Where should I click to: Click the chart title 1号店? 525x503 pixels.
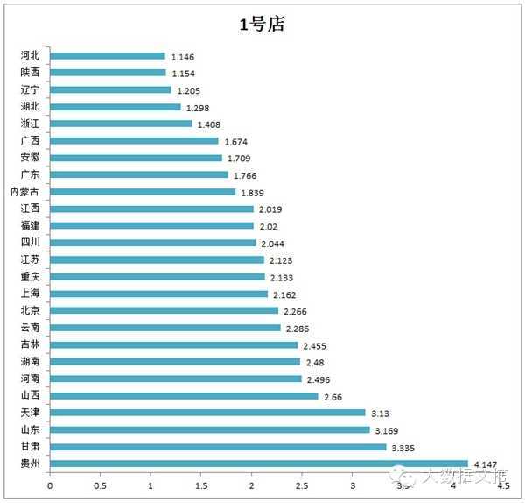(x=262, y=25)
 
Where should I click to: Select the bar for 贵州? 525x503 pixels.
(x=259, y=464)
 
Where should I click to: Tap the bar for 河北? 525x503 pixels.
(x=108, y=56)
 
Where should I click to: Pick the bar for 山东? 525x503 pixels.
(x=210, y=429)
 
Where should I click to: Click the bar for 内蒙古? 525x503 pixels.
(x=143, y=192)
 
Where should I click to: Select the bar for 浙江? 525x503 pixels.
(x=121, y=124)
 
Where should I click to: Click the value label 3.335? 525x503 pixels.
(x=402, y=448)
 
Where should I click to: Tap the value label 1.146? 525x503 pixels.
(x=182, y=56)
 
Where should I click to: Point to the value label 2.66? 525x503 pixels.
(x=332, y=396)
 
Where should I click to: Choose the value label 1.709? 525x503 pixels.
(x=238, y=159)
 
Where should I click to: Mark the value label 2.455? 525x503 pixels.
(x=313, y=345)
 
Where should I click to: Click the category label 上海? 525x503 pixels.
(x=31, y=294)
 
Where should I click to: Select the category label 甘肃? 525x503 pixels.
(x=31, y=447)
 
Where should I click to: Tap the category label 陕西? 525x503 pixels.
(x=31, y=73)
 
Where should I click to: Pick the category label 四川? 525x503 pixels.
(x=31, y=243)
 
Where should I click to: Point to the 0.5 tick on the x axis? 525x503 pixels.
(x=101, y=485)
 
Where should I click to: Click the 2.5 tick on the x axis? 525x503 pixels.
(x=302, y=485)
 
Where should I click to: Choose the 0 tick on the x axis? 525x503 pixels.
(x=50, y=485)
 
